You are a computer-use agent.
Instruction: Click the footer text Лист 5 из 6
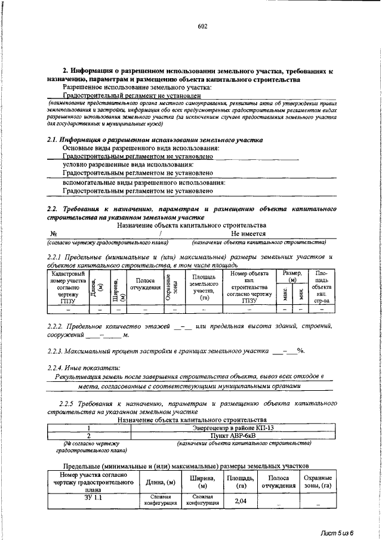(335, 532)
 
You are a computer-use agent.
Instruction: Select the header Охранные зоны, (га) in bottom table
(317, 482)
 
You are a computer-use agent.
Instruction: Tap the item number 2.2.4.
(57, 366)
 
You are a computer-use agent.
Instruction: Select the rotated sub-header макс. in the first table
(288, 292)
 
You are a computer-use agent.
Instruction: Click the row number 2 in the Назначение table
(88, 436)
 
